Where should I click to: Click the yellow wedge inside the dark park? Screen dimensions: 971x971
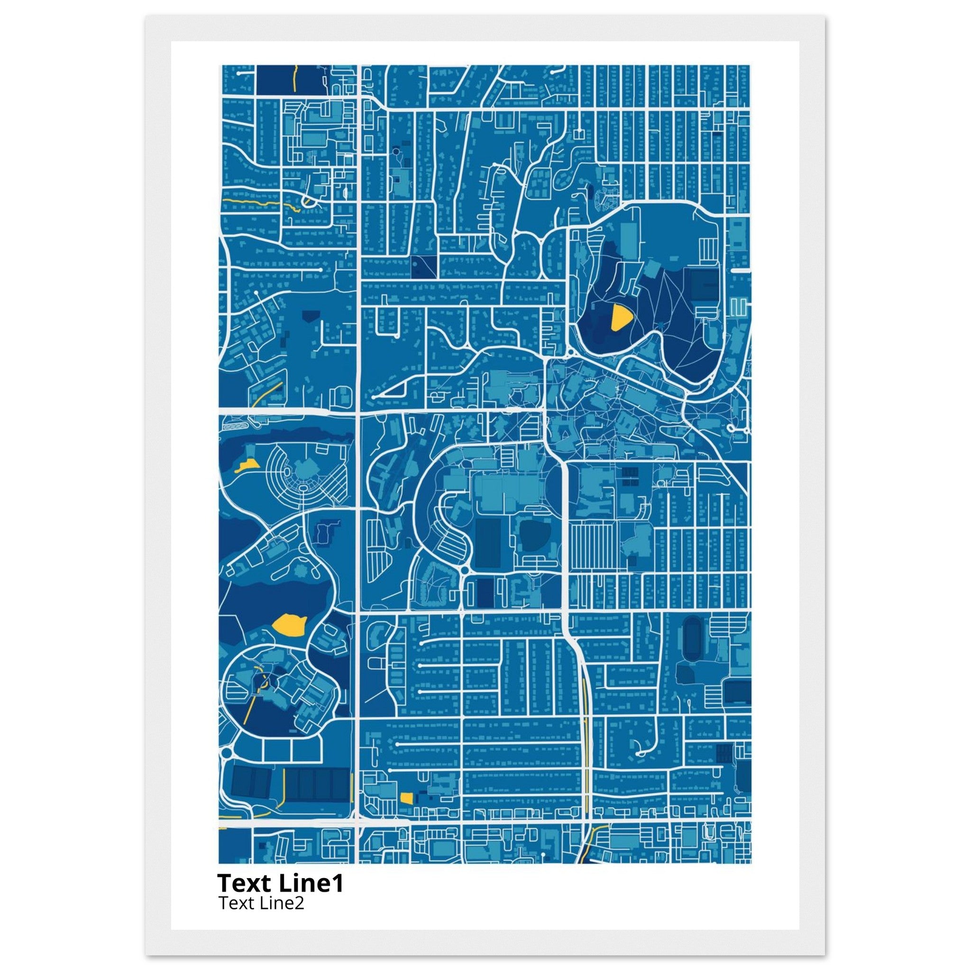(x=620, y=318)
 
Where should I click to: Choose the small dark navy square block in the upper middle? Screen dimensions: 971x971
(x=424, y=267)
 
